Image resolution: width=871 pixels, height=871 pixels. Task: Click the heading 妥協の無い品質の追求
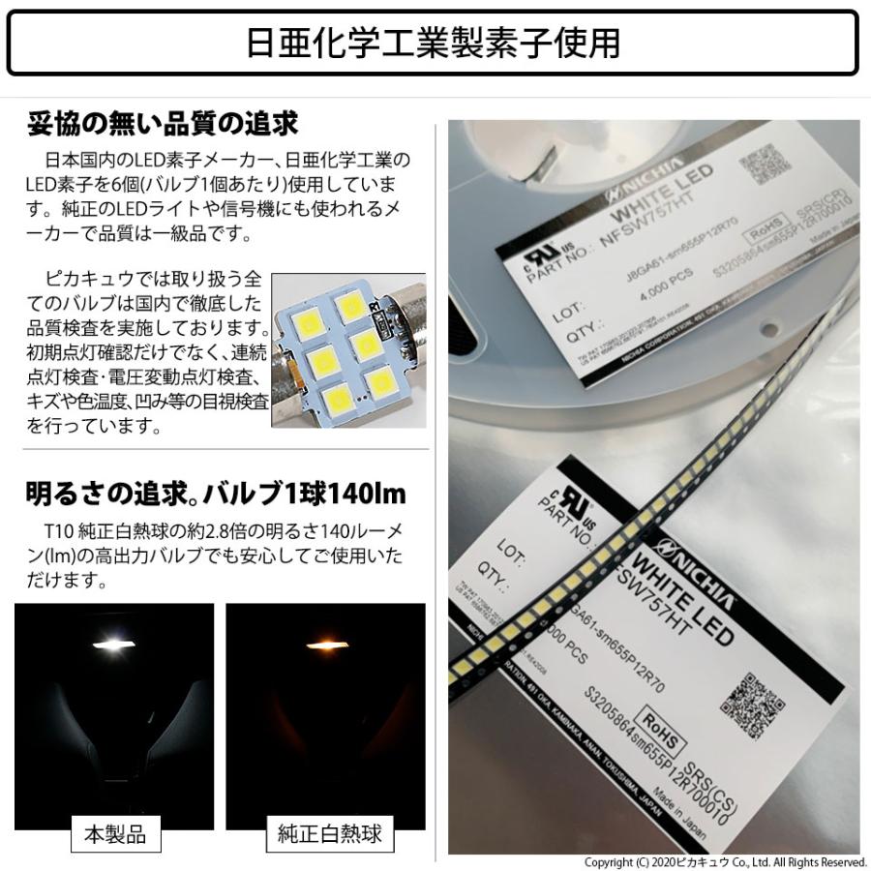click(x=163, y=125)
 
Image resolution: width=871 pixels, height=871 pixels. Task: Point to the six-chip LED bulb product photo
click(x=347, y=351)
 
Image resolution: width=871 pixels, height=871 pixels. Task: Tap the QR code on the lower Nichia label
click(x=750, y=700)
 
